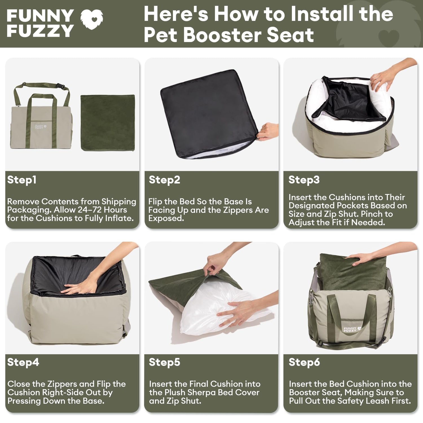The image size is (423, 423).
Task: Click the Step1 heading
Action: (x=22, y=180)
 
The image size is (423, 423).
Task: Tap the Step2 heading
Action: (x=164, y=180)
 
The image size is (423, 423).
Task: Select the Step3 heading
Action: (x=304, y=180)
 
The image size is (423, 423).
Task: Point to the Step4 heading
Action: (x=23, y=362)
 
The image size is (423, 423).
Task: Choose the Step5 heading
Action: (x=164, y=362)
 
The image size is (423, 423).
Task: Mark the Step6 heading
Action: (x=304, y=362)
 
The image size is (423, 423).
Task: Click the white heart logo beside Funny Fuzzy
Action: (x=92, y=19)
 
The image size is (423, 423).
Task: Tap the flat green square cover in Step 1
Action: (x=108, y=123)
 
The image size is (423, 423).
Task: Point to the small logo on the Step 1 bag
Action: (x=39, y=127)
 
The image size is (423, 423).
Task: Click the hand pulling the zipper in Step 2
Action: (x=268, y=132)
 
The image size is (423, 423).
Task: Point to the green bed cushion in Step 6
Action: (x=352, y=272)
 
